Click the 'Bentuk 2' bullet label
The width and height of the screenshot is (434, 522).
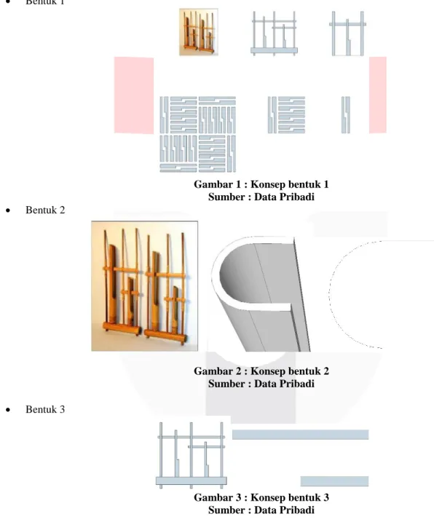coord(45,210)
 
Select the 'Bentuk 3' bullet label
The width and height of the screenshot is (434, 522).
coord(45,409)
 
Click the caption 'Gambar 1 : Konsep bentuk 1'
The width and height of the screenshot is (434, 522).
coord(261,184)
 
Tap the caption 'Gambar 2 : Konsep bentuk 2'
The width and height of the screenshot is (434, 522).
coord(261,371)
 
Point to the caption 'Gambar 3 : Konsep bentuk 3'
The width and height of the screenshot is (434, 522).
coord(261,497)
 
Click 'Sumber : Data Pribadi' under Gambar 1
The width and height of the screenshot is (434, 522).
coord(261,197)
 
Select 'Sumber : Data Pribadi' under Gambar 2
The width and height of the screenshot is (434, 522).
coord(261,384)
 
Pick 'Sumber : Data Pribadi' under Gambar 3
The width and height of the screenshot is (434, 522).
coord(261,510)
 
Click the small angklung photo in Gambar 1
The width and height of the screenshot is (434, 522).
coord(199,32)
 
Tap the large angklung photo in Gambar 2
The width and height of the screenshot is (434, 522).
coord(145,286)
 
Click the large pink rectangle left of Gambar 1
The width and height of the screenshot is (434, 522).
coord(134,95)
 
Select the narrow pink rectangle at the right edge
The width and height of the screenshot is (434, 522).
coord(378,95)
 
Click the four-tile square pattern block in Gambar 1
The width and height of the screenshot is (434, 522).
coord(198,135)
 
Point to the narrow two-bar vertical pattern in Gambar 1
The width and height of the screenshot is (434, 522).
coord(346,115)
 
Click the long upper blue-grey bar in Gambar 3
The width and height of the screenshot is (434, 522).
coord(301,435)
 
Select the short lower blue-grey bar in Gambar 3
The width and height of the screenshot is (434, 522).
coord(334,481)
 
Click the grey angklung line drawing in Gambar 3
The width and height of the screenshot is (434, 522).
coord(192,456)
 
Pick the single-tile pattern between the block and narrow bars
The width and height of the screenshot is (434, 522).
coord(286,115)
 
